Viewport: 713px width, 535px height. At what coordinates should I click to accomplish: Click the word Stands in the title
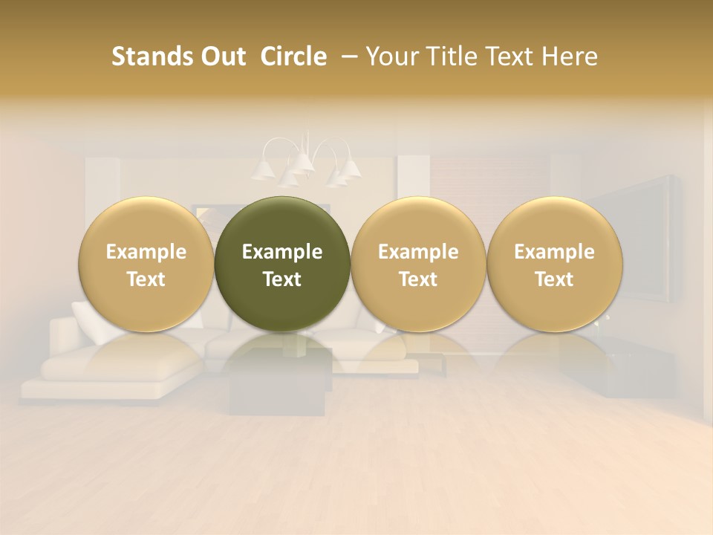tap(151, 56)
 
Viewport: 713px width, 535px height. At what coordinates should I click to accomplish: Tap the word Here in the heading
tap(570, 56)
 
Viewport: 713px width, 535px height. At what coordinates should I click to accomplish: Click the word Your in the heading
tap(391, 56)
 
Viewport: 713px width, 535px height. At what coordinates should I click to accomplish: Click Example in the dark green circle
tap(282, 252)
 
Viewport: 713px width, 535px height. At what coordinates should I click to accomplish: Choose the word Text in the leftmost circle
tap(146, 279)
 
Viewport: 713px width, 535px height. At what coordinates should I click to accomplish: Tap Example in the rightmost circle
tap(555, 252)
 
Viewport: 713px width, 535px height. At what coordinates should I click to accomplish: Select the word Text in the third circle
tap(418, 279)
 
